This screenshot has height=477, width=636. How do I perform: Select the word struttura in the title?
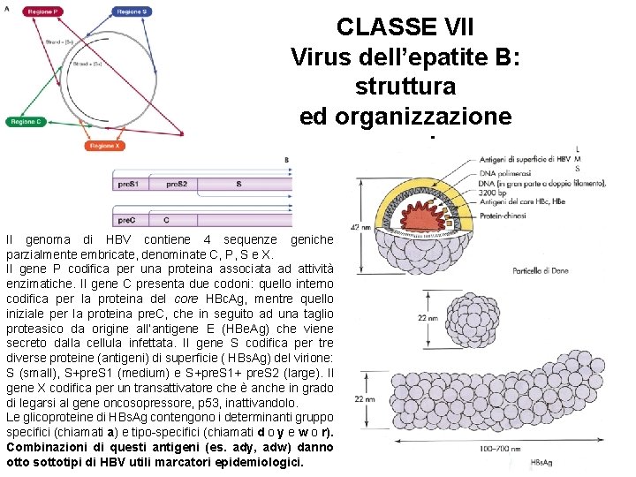click(405, 87)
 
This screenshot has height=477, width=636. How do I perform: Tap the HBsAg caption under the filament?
click(545, 463)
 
